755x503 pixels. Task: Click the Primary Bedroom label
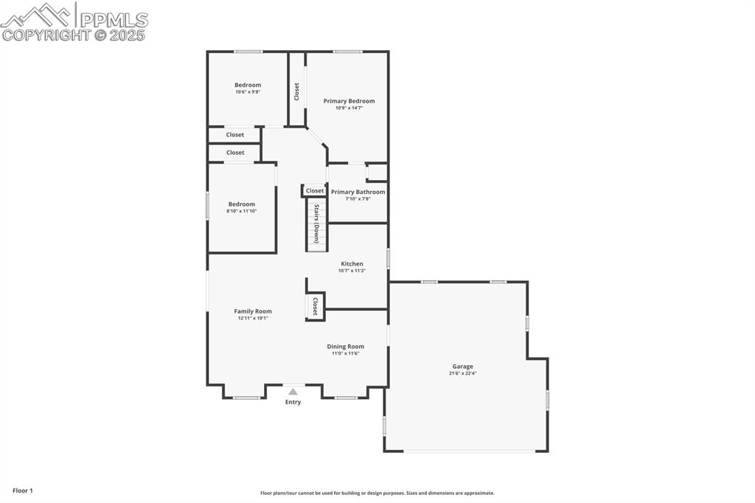pyautogui.click(x=349, y=101)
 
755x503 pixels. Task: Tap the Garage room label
pyautogui.click(x=463, y=367)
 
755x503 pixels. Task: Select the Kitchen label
pyautogui.click(x=352, y=264)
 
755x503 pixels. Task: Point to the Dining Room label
pyautogui.click(x=346, y=347)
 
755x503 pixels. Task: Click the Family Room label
pyautogui.click(x=253, y=311)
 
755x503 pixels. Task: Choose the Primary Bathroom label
pyautogui.click(x=358, y=192)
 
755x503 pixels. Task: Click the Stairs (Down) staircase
pyautogui.click(x=316, y=225)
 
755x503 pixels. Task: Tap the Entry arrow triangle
pyautogui.click(x=293, y=392)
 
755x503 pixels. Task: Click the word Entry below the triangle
pyautogui.click(x=293, y=402)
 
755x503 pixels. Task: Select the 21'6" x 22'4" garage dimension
pyautogui.click(x=463, y=373)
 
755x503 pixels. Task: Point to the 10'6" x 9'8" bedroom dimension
pyautogui.click(x=248, y=92)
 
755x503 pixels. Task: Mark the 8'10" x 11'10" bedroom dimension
pyautogui.click(x=242, y=211)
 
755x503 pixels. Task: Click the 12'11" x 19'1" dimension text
pyautogui.click(x=253, y=319)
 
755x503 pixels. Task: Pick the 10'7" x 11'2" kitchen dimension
pyautogui.click(x=352, y=271)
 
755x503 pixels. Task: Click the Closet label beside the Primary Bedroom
pyautogui.click(x=297, y=91)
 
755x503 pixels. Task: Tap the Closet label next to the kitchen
pyautogui.click(x=316, y=307)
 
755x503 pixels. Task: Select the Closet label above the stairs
pyautogui.click(x=315, y=190)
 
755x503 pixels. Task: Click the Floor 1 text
pyautogui.click(x=23, y=490)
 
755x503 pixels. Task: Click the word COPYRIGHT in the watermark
pyautogui.click(x=46, y=35)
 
